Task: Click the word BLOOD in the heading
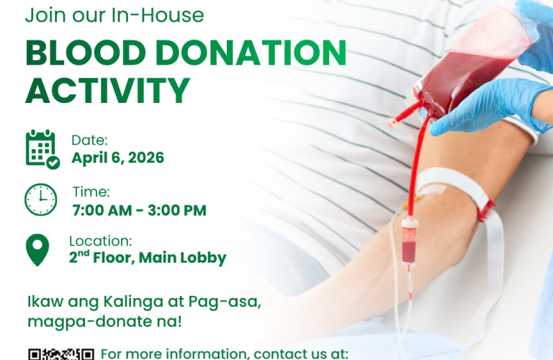(x=86, y=53)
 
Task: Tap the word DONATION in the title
(x=251, y=53)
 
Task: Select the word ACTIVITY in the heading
(x=108, y=91)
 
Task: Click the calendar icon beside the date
(x=42, y=150)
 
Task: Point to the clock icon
(x=40, y=199)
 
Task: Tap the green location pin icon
(x=37, y=250)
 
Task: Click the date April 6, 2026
(x=118, y=158)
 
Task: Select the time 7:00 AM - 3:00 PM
(x=139, y=210)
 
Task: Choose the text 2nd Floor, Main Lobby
(x=148, y=258)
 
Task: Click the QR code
(x=61, y=354)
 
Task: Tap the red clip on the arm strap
(x=487, y=210)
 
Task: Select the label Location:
(x=101, y=241)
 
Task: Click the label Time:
(x=91, y=192)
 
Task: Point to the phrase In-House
(x=158, y=16)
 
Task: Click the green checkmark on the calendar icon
(x=53, y=163)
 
